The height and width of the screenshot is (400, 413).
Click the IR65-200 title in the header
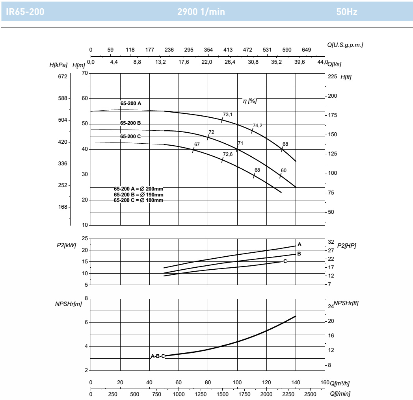click(25, 11)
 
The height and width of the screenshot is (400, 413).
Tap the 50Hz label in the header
click(347, 11)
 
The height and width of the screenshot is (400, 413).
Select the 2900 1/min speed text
click(201, 11)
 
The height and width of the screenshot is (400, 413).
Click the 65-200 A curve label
click(131, 104)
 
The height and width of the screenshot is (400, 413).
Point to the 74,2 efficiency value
click(257, 126)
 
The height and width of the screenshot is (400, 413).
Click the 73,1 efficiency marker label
click(227, 115)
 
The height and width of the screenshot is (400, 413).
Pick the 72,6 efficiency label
click(227, 154)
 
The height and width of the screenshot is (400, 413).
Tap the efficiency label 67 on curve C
click(197, 144)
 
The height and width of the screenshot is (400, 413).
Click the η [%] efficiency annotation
click(249, 101)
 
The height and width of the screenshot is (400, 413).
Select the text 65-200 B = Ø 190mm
click(139, 195)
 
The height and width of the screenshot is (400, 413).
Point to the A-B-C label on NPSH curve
click(158, 356)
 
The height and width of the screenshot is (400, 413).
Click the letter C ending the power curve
click(285, 261)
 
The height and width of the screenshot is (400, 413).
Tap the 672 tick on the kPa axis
click(63, 77)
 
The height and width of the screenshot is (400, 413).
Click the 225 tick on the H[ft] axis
click(332, 77)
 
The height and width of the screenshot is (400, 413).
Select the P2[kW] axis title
click(66, 245)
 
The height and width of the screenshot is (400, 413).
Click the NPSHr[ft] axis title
click(346, 303)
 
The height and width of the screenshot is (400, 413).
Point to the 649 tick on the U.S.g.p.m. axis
click(306, 50)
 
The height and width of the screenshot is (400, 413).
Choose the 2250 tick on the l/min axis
click(288, 394)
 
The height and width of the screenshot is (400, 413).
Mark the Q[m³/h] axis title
click(340, 383)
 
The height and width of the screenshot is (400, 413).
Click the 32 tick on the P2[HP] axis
click(331, 242)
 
